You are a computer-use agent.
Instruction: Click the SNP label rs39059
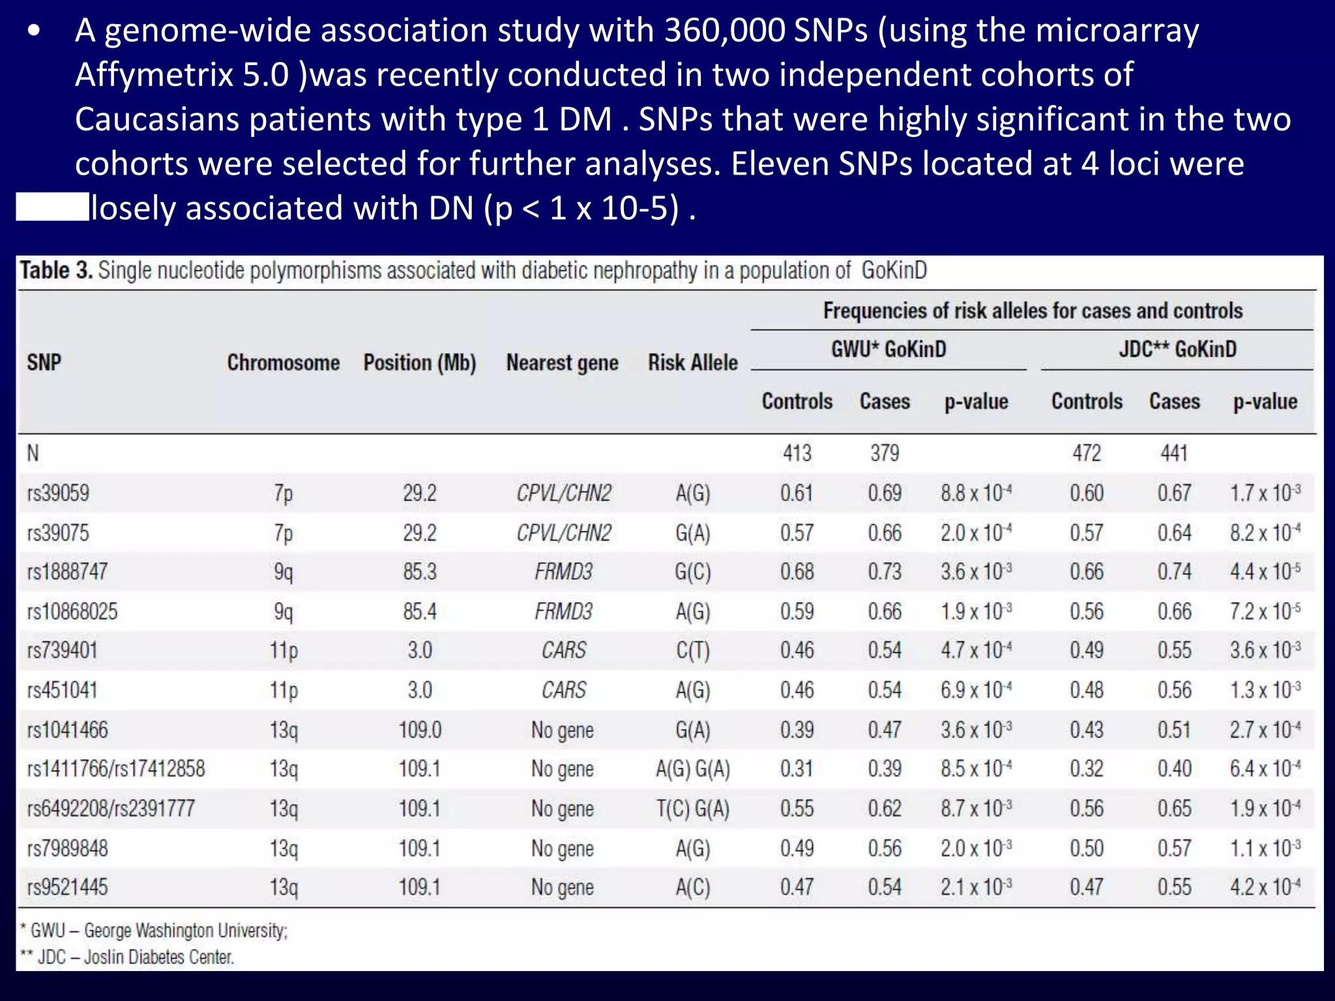58,493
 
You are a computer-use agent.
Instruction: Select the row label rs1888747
67,572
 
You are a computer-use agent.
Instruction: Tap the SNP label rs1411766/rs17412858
115,769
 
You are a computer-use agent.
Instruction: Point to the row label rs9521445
67,887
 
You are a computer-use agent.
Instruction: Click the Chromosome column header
283,362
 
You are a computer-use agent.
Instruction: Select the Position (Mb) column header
420,362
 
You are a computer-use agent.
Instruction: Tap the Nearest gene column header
562,362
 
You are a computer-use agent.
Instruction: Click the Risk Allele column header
692,362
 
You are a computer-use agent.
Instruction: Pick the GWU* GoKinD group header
888,349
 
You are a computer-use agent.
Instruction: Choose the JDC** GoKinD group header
1177,349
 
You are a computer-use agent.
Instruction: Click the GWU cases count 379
885,453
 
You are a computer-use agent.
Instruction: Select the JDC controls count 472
1087,453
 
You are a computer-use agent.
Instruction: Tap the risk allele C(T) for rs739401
692,650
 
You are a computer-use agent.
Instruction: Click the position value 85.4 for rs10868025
420,611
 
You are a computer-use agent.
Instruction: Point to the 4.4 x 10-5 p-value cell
1265,572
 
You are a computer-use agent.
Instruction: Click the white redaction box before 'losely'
52,207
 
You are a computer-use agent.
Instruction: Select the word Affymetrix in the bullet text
154,75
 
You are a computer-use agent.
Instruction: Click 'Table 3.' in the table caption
56,270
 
